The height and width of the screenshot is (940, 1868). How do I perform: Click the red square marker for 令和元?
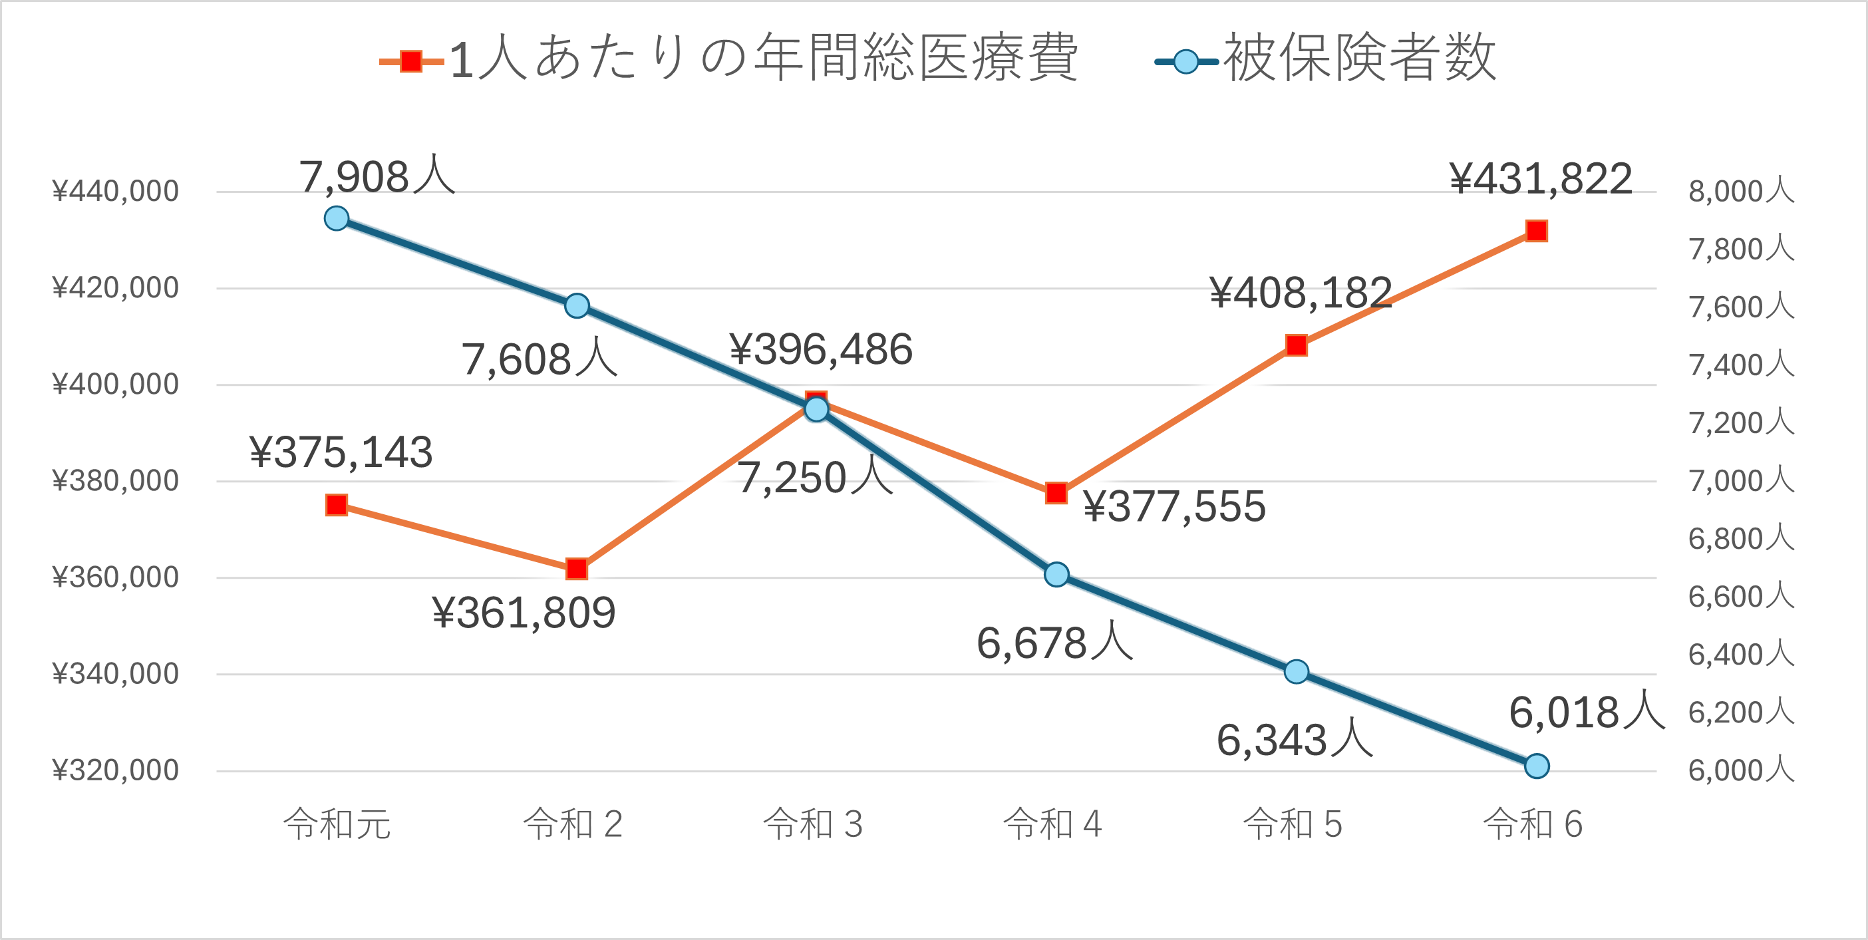tap(337, 505)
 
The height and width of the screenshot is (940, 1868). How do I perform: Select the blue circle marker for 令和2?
tap(577, 306)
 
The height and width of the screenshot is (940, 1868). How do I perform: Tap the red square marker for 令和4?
tap(1056, 493)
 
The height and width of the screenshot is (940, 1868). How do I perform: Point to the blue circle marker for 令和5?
tap(1297, 672)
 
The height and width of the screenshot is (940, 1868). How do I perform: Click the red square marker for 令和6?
tap(1537, 232)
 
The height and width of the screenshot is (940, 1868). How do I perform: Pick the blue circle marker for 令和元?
tap(337, 218)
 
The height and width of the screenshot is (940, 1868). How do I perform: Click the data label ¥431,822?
tap(1540, 178)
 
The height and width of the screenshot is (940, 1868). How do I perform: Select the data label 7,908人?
tap(377, 176)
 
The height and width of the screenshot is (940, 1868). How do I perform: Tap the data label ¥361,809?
tap(524, 613)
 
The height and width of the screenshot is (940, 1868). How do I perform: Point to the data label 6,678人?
tap(1054, 643)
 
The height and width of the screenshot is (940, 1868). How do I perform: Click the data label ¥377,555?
tap(1174, 506)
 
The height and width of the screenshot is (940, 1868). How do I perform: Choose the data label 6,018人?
tap(1587, 712)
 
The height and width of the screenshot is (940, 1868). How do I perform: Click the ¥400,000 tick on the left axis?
tap(115, 385)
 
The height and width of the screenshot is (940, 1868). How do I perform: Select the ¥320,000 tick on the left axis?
tap(115, 770)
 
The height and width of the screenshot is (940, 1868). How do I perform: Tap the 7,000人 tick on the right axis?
tap(1741, 481)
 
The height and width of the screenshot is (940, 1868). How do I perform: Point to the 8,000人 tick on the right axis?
tap(1741, 192)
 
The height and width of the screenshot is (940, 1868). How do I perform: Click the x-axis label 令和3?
tap(813, 825)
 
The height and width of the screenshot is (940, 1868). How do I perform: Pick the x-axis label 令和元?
tap(337, 825)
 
